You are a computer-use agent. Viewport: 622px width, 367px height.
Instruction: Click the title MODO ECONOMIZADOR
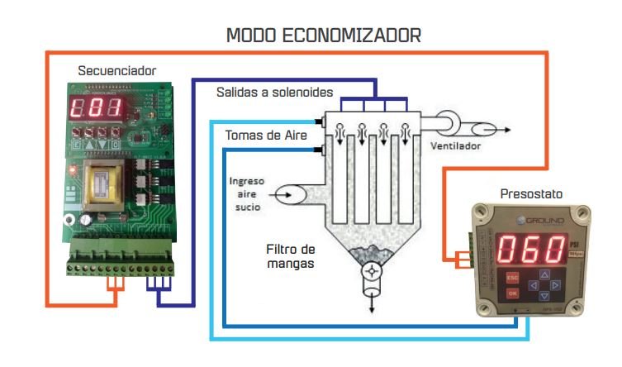pyautogui.click(x=324, y=36)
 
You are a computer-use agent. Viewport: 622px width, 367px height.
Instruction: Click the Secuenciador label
pyautogui.click(x=116, y=71)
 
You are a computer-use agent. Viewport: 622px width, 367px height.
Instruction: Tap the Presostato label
pyautogui.click(x=531, y=194)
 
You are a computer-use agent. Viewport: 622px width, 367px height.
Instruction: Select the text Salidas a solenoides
pyautogui.click(x=274, y=91)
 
